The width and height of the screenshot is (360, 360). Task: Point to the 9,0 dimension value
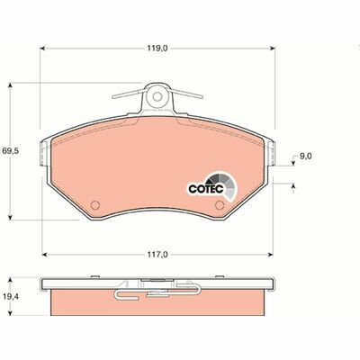(305, 156)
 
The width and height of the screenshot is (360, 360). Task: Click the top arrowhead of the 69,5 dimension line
(11, 84)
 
